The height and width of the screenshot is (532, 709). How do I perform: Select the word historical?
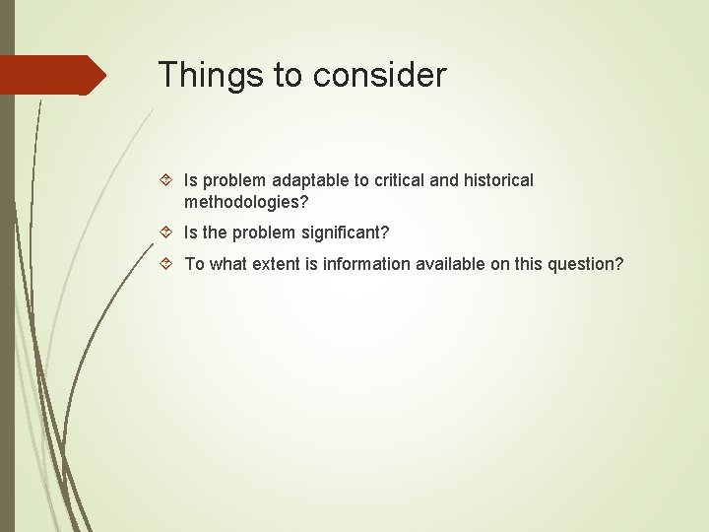point(497,181)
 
